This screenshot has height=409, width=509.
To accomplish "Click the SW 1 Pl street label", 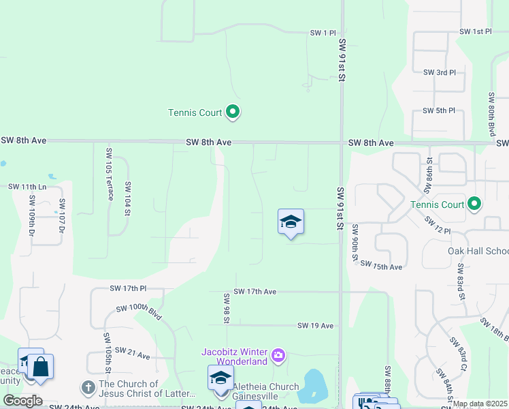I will tap(323, 33).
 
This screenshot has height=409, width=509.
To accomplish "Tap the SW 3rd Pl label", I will tap(439, 72).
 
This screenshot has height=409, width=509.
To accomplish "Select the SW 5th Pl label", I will tap(438, 110).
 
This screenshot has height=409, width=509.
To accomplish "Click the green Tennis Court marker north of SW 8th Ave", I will tap(233, 112).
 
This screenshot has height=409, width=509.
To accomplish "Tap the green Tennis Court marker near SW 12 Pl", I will tap(475, 204).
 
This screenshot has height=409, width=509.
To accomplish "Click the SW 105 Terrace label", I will tap(109, 174).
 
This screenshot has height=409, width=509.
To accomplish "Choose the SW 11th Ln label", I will tap(27, 186).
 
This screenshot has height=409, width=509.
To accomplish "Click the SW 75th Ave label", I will tap(381, 266).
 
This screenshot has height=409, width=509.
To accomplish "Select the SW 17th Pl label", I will tap(128, 288).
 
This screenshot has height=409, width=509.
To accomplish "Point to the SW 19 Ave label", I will tap(315, 326).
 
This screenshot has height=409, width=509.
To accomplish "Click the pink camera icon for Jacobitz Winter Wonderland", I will tap(278, 355).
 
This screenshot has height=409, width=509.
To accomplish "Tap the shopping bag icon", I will tap(41, 366).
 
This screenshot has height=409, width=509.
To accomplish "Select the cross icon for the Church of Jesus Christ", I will tap(88, 388).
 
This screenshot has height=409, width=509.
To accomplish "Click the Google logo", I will tap(22, 401).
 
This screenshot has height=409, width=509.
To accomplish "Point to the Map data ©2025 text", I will tap(480, 404).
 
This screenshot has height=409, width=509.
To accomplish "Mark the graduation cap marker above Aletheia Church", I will tap(220, 377).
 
